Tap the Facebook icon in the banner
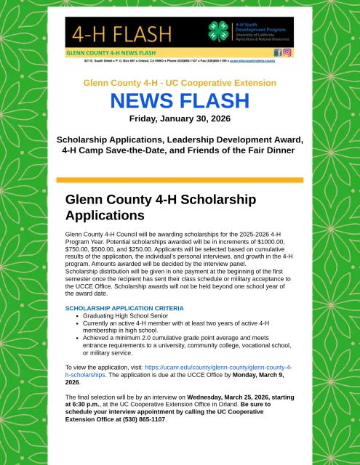[278, 53]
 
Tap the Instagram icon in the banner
[287, 53]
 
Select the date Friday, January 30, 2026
[180, 118]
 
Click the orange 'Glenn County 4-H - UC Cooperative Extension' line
[180, 83]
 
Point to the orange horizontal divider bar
[180, 179]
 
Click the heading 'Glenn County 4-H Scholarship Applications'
[145, 207]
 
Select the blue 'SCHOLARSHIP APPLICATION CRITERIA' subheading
[124, 309]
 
